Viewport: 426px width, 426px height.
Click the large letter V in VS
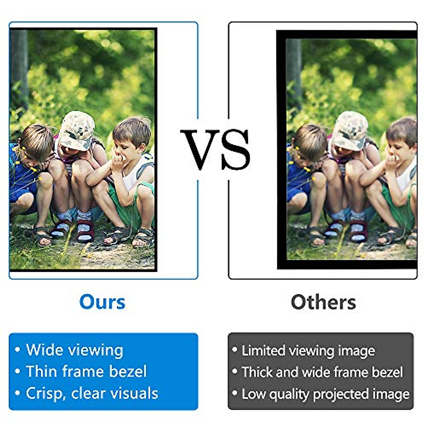tap(200, 149)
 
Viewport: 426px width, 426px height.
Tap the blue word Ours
tap(102, 302)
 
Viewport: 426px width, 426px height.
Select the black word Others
tap(323, 302)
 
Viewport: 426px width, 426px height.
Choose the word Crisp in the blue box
tap(45, 393)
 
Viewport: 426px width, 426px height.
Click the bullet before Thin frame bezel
tap(18, 372)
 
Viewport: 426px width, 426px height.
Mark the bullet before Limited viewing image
tap(235, 350)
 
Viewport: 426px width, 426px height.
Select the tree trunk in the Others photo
tap(294, 71)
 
